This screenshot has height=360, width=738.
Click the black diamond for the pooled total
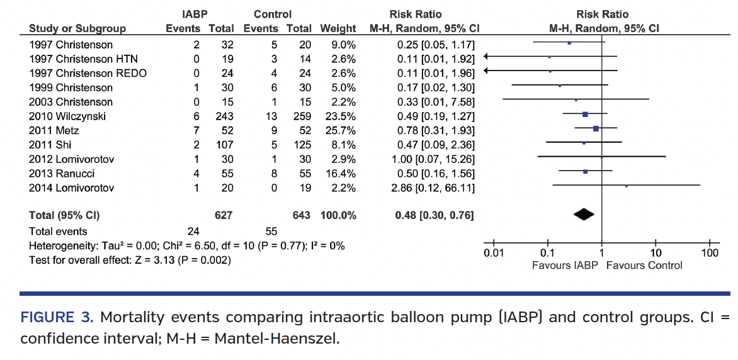click(584, 215)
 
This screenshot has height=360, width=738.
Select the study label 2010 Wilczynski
click(67, 116)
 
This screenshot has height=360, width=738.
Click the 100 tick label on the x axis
click(710, 253)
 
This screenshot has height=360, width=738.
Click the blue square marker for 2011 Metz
click(596, 128)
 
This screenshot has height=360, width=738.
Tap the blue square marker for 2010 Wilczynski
click(585, 114)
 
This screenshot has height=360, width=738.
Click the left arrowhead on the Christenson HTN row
click(486, 57)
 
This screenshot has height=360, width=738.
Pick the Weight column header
click(338, 28)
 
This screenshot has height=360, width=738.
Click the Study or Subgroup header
click(77, 28)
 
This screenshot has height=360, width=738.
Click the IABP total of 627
click(223, 215)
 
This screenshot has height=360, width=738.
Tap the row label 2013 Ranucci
click(62, 173)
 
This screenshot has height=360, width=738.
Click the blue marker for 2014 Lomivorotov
click(626, 186)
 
